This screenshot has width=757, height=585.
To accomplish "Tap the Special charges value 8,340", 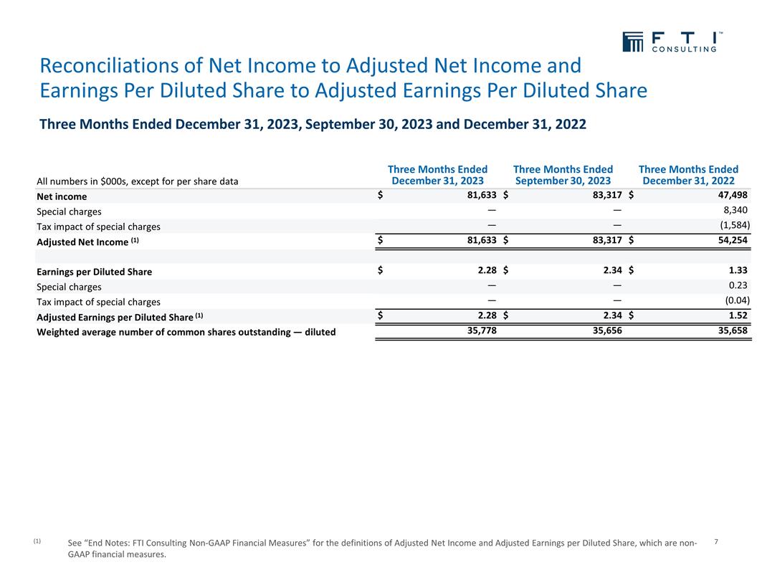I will click(734, 211).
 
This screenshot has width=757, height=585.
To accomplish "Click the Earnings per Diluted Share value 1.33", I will click(736, 271).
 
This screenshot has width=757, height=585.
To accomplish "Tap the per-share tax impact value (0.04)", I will click(735, 301).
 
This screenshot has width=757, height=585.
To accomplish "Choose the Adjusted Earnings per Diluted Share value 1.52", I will click(736, 316).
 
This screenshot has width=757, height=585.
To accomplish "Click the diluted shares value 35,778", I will click(480, 331).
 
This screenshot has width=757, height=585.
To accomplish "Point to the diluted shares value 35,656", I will click(605, 331).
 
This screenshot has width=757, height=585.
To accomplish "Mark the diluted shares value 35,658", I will click(730, 331).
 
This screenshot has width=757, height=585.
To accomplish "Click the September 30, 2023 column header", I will click(563, 175).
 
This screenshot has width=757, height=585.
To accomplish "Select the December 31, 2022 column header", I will click(688, 175).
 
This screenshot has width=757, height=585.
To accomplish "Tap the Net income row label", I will click(62, 196).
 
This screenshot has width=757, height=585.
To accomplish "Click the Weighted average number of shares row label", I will click(186, 332).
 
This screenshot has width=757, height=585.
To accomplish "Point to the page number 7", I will click(717, 542).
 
